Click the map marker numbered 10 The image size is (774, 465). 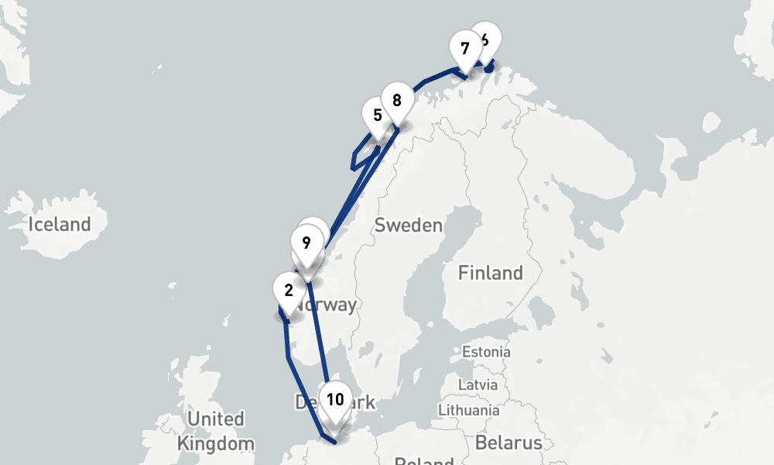(x=335, y=401)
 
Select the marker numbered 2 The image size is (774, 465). (x=289, y=291)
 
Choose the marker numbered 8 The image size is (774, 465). (x=396, y=101)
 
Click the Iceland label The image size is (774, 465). (x=60, y=225)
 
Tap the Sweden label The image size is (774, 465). (x=408, y=226)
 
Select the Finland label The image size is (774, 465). (x=490, y=273)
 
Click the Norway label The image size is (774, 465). (x=328, y=305)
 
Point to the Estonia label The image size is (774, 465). (x=486, y=352)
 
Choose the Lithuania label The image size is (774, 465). (x=468, y=409)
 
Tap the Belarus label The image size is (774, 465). (x=508, y=443)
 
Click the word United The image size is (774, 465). (x=216, y=419)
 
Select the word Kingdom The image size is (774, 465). (x=215, y=444)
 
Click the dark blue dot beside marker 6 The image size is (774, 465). (x=489, y=68)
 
